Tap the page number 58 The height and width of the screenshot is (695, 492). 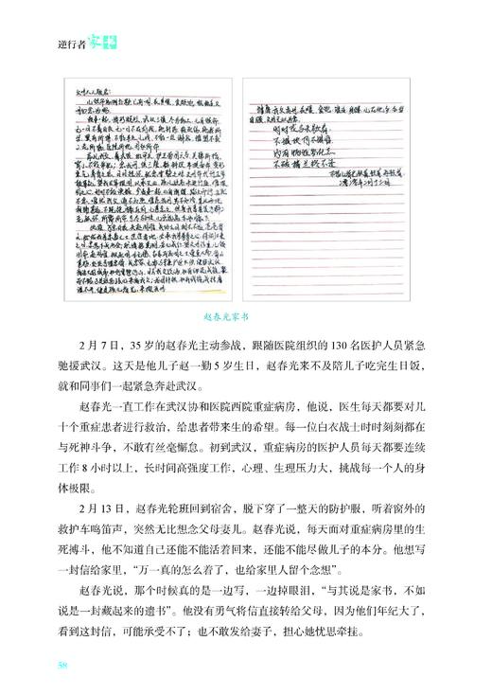(x=62, y=666)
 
